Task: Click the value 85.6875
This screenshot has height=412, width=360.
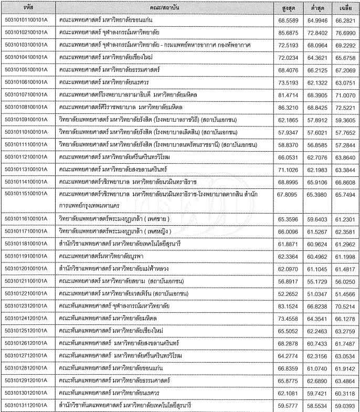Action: [x=287, y=33]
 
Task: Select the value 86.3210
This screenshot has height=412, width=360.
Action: [x=287, y=107]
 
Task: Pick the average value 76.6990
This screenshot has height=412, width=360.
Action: [x=345, y=33]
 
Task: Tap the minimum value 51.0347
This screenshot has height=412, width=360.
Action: [x=316, y=292]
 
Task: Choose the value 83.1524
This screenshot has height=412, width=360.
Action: [x=287, y=305]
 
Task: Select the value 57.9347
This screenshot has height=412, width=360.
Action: [x=287, y=131]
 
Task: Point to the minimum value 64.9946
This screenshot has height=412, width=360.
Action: [x=316, y=20]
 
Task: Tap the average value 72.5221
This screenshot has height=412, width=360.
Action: [x=345, y=107]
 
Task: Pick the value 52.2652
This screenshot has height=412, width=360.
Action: [x=287, y=292]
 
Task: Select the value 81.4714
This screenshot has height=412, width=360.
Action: [x=287, y=94]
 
